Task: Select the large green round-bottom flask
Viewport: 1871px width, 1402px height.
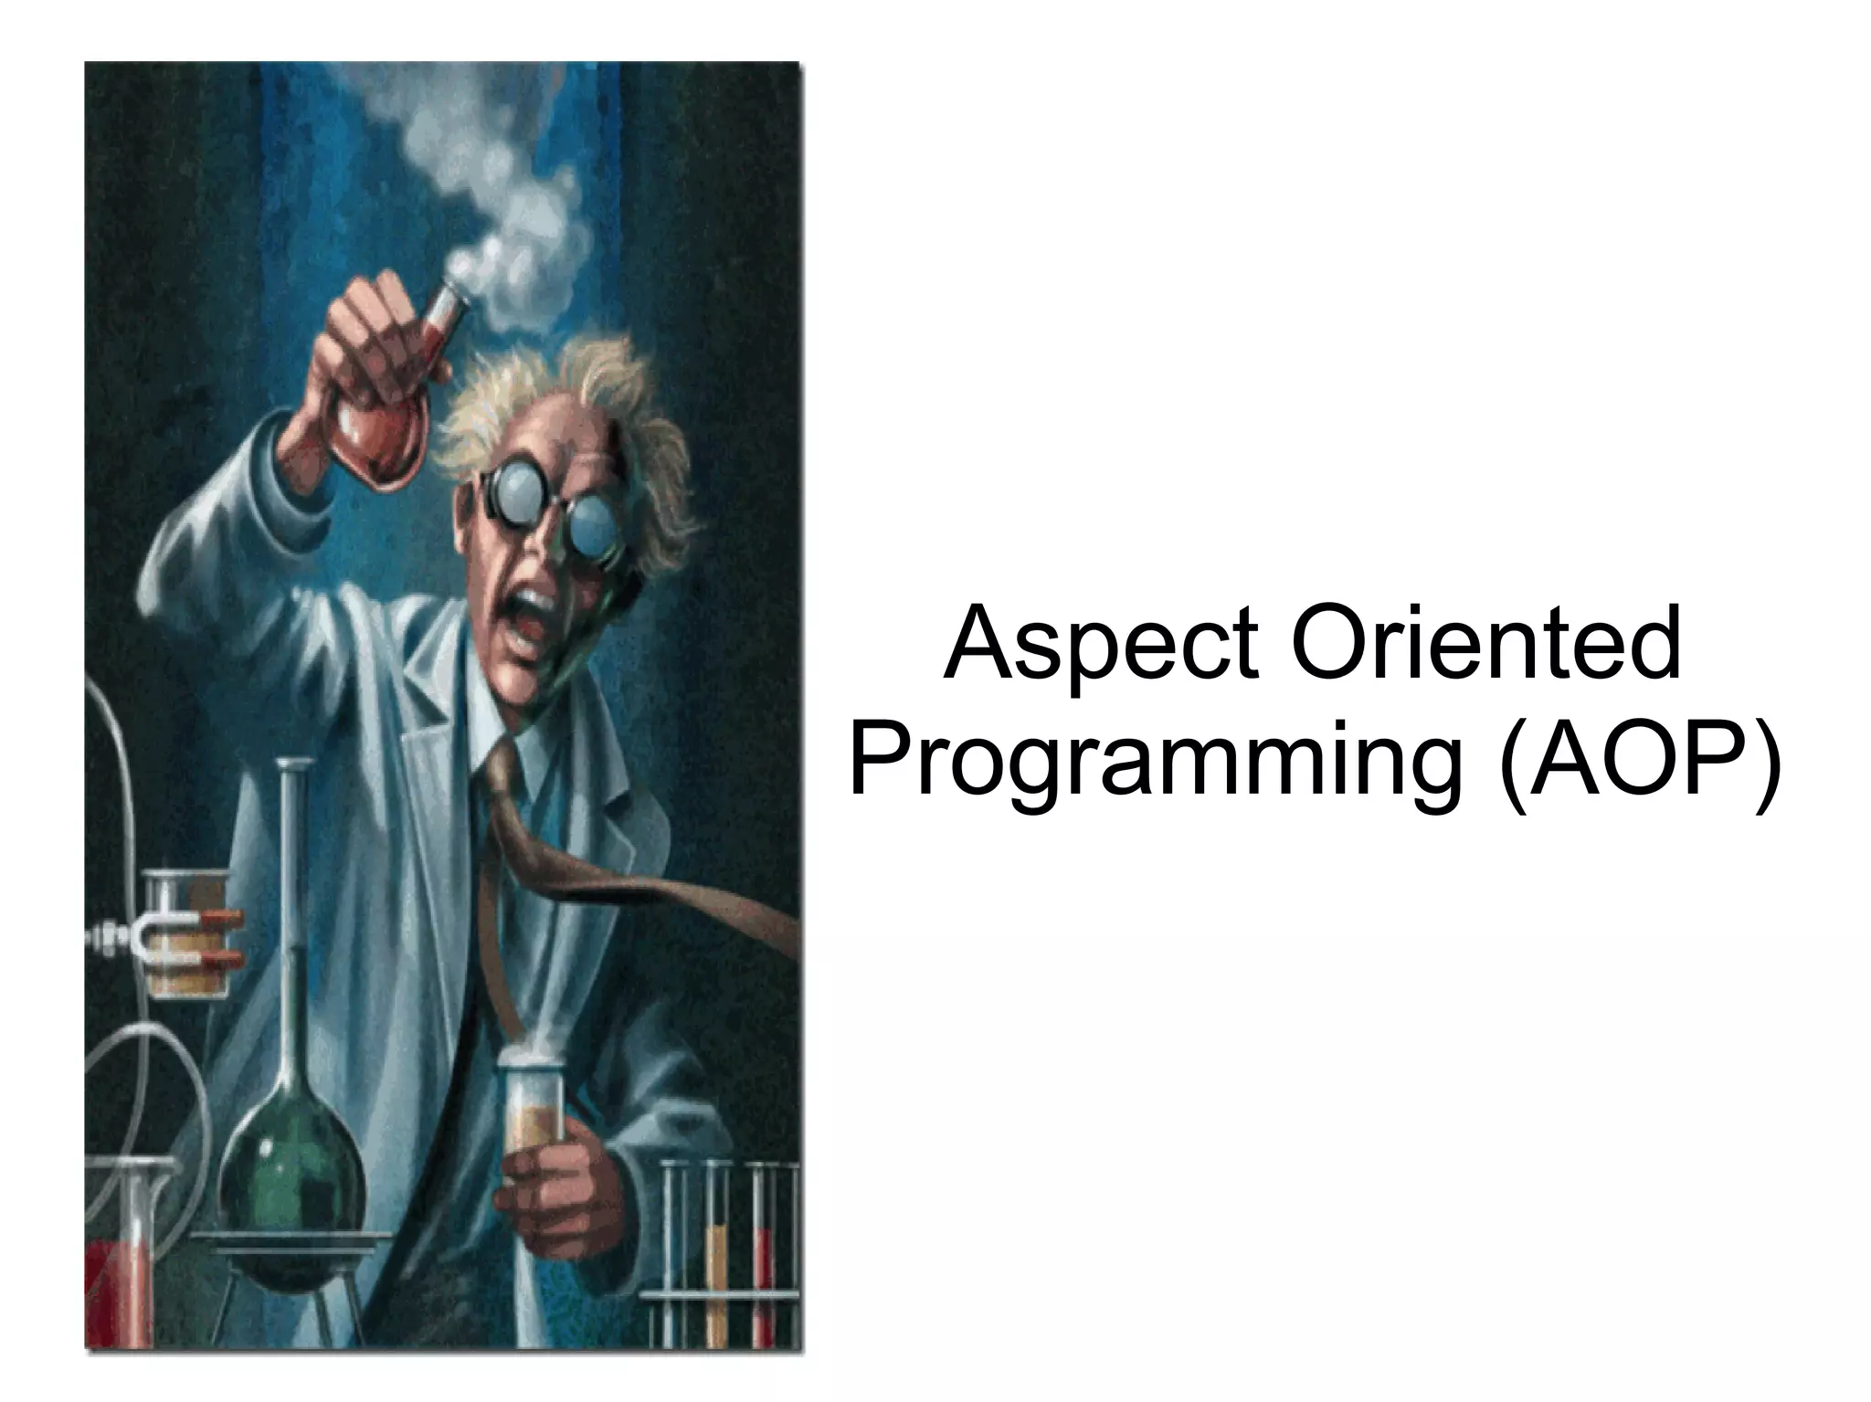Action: pos(292,1187)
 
